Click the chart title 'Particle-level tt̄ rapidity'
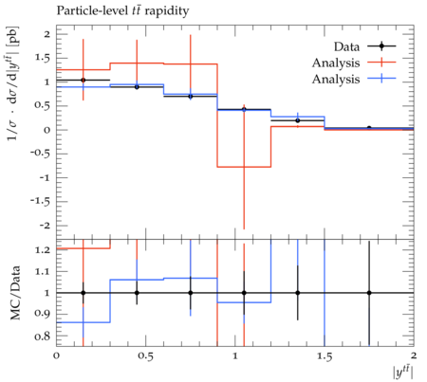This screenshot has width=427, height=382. [122, 10]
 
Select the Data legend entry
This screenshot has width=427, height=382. [364, 46]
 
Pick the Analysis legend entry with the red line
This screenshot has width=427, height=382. [354, 63]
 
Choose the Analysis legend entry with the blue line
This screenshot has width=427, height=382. [354, 79]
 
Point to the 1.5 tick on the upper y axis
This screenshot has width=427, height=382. [43, 58]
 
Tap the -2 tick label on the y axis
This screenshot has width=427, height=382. [44, 226]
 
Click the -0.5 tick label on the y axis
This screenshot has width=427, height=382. [41, 154]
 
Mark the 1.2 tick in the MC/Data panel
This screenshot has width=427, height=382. [43, 250]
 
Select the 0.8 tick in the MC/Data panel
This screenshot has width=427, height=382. [43, 336]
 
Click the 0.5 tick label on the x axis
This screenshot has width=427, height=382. [146, 356]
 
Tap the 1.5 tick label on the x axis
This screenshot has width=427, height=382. [325, 356]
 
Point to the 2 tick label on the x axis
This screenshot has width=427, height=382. [414, 356]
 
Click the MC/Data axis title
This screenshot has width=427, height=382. [15, 293]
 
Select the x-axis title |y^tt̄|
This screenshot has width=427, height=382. [402, 372]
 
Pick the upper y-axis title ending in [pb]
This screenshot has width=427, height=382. [13, 82]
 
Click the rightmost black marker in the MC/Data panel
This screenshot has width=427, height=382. [369, 293]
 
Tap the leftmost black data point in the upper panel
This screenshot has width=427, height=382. [84, 81]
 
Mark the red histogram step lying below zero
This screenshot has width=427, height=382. [244, 167]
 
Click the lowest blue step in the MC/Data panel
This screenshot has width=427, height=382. [84, 322]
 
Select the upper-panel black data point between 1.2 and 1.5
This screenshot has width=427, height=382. [298, 120]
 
